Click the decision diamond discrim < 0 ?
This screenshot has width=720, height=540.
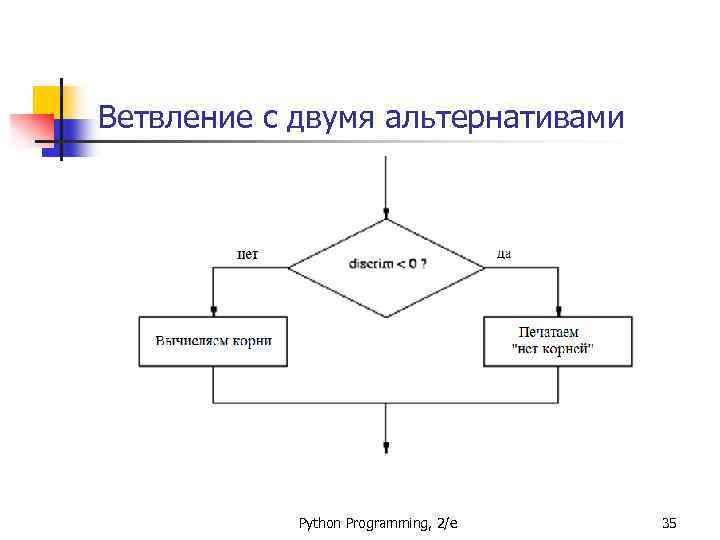pyautogui.click(x=387, y=265)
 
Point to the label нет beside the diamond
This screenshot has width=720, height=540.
pyautogui.click(x=247, y=254)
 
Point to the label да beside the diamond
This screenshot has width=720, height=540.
pyautogui.click(x=504, y=254)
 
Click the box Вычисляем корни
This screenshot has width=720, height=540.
pyautogui.click(x=213, y=341)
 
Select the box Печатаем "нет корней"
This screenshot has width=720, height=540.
pyautogui.click(x=557, y=341)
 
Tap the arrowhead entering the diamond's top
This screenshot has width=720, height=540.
pyautogui.click(x=387, y=213)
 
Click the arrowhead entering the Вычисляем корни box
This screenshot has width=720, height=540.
pyautogui.click(x=213, y=311)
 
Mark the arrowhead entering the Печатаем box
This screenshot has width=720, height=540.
pyautogui.click(x=558, y=311)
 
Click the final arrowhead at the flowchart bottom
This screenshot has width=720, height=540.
pyautogui.click(x=387, y=448)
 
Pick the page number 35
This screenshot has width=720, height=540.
pyautogui.click(x=670, y=523)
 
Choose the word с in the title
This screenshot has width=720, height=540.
pyautogui.click(x=270, y=120)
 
